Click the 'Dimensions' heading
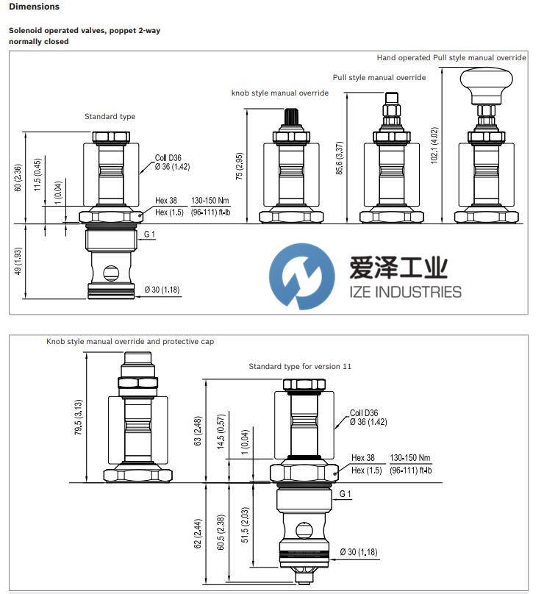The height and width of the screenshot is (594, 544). (35, 7)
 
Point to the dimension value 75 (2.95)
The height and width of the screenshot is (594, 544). (239, 167)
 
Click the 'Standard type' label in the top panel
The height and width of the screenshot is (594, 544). (110, 116)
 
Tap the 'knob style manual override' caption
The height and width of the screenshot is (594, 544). (279, 93)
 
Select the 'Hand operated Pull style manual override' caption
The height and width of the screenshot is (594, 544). (451, 57)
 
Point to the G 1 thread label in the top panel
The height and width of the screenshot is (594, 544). (150, 234)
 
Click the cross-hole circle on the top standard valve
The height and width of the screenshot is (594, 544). (110, 272)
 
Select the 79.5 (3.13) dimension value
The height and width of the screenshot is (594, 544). (77, 418)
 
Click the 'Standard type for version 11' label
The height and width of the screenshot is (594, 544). (300, 366)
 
